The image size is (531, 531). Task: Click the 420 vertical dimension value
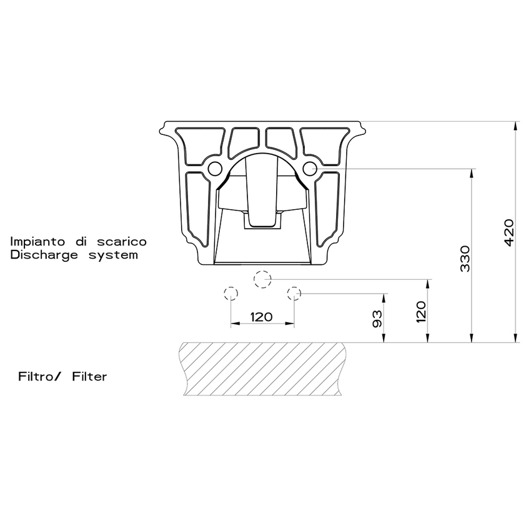tap(509, 232)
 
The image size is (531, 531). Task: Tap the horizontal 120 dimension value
tap(261, 317)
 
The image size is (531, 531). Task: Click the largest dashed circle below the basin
tap(262, 279)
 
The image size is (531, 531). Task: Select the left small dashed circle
tap(231, 292)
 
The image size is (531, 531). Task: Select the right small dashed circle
tap(294, 292)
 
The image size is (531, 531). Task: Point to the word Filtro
tap(38, 377)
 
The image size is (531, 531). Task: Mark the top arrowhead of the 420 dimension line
tap(516, 126)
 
